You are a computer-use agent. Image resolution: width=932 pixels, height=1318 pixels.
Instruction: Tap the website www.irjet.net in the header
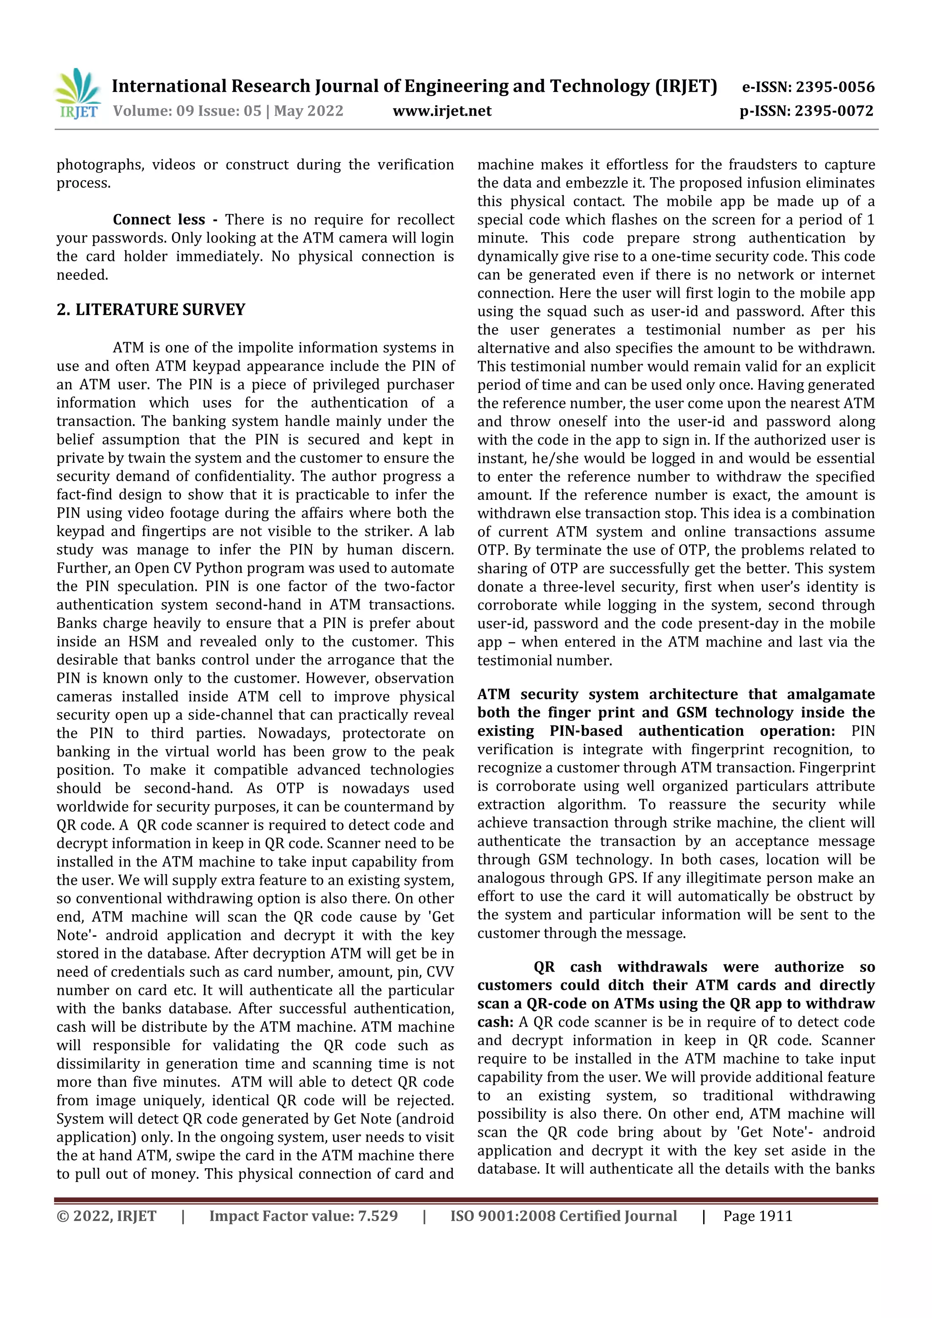(x=442, y=111)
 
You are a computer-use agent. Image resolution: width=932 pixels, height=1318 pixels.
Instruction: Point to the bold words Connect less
(x=158, y=220)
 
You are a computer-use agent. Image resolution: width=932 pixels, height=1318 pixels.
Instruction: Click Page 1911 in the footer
(x=758, y=1216)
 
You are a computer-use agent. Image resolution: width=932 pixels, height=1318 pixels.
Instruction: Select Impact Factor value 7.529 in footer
(x=303, y=1216)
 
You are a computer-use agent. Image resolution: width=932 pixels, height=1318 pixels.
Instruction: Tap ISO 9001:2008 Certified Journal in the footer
(x=563, y=1216)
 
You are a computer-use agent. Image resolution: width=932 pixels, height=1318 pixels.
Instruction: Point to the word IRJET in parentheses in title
(x=686, y=86)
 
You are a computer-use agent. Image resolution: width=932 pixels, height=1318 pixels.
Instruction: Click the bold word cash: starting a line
(x=495, y=1022)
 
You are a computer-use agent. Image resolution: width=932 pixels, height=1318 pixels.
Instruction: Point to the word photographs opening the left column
(x=99, y=165)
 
